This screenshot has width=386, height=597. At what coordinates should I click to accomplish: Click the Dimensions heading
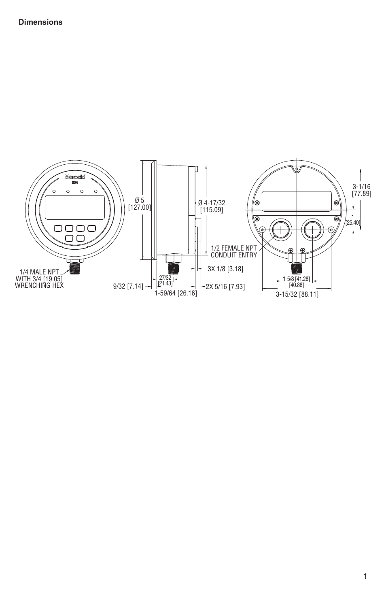tap(40, 22)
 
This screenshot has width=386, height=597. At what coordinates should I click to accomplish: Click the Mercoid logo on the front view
tap(75, 177)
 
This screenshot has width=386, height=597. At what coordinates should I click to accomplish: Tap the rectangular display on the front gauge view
tap(75, 208)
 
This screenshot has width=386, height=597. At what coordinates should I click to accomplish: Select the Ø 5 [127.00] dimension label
tap(140, 204)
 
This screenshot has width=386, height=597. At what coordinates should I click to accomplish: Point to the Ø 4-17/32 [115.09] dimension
tap(212, 206)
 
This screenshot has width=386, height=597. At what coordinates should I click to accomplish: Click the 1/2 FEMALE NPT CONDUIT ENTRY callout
tap(234, 252)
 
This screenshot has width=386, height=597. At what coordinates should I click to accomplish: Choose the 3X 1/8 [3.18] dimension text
tap(225, 268)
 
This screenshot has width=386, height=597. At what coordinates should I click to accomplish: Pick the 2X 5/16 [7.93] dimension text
tap(225, 287)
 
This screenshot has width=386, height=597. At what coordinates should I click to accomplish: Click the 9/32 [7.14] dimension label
tap(128, 287)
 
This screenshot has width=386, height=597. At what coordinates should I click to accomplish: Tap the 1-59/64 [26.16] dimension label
tap(176, 293)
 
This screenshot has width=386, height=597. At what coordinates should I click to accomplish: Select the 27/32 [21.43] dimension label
tap(165, 280)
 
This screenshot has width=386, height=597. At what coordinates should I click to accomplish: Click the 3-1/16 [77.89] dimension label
tap(361, 190)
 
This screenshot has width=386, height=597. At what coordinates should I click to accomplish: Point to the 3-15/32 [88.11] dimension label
tap(297, 295)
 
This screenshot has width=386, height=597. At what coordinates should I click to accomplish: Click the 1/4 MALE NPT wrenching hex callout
tap(39, 278)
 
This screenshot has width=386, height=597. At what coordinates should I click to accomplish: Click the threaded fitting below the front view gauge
tap(75, 268)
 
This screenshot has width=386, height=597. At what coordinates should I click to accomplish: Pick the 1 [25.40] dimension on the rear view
tap(353, 220)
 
